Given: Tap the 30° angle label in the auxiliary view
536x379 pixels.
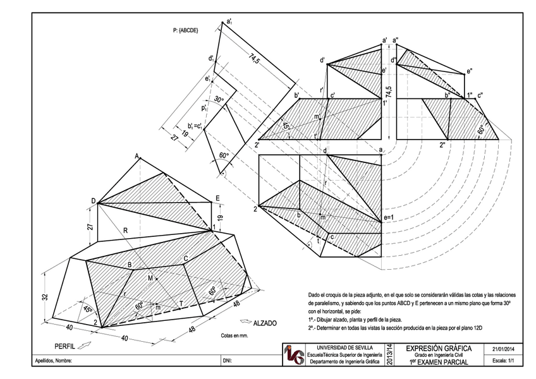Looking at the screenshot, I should pyautogui.click(x=219, y=100).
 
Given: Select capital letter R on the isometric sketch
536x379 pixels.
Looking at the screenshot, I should pyautogui.click(x=126, y=232).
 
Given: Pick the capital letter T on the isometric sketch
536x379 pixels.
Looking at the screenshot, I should pyautogui.click(x=181, y=304).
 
